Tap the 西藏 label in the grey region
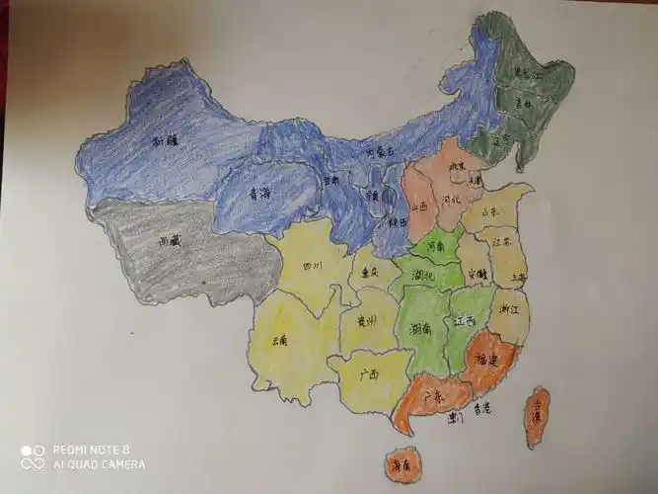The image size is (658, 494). click(169, 240)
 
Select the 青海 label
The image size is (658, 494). click(259, 195)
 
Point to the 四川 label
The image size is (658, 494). click(313, 266)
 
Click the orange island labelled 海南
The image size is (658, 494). click(401, 463)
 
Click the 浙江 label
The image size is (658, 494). click(511, 309)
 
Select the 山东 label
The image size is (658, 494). click(489, 211)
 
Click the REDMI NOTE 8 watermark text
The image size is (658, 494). click(91, 449)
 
